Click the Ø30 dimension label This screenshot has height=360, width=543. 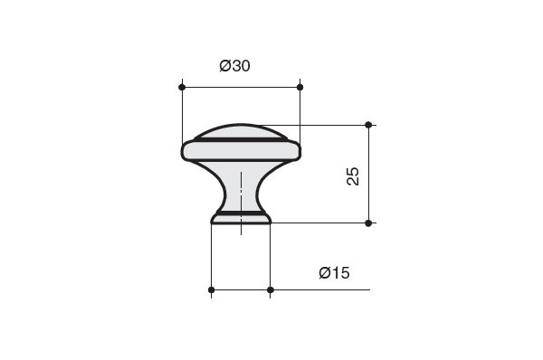[x=234, y=66]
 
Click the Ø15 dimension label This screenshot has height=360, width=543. [x=334, y=273]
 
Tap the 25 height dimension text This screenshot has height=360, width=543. [x=353, y=176]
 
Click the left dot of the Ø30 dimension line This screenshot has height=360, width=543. [x=182, y=87]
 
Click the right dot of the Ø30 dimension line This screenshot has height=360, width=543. [x=300, y=87]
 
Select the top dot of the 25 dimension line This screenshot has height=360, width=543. [x=368, y=125]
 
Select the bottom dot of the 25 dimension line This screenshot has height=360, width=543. [x=368, y=223]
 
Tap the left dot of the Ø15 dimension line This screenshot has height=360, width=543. [x=211, y=289]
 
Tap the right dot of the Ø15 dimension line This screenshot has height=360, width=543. [x=271, y=289]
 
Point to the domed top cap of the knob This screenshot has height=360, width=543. [x=241, y=131]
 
